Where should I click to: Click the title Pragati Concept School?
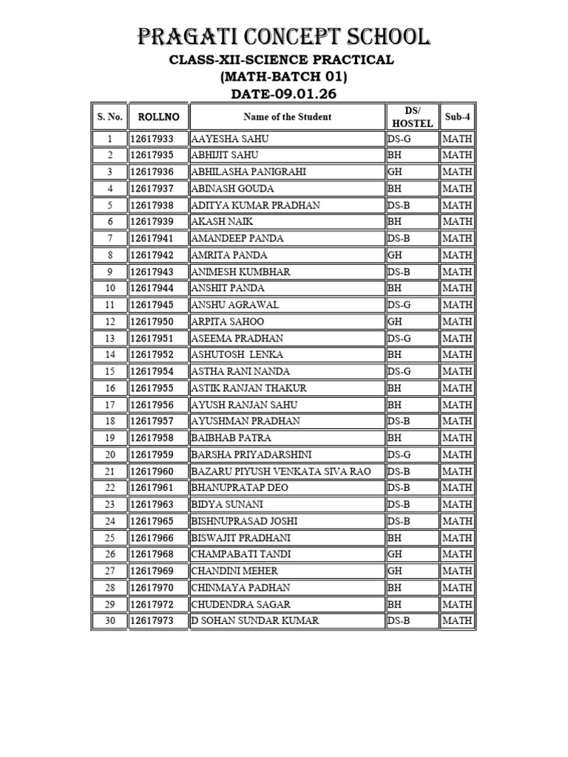tap(283, 36)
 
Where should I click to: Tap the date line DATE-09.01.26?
tap(283, 93)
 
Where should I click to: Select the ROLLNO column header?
tap(158, 117)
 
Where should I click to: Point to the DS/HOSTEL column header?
tap(412, 117)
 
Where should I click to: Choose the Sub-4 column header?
tap(457, 117)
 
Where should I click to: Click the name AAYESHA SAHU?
tap(230, 139)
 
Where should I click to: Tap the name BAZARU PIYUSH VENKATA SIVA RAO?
tap(280, 471)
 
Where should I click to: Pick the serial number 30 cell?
tap(110, 621)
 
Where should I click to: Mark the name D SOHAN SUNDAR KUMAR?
tap(255, 621)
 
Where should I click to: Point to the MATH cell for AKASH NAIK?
tap(457, 222)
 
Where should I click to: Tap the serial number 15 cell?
tap(110, 371)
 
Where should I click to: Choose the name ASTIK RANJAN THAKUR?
tap(248, 388)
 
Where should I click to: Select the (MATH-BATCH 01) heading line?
tap(283, 76)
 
